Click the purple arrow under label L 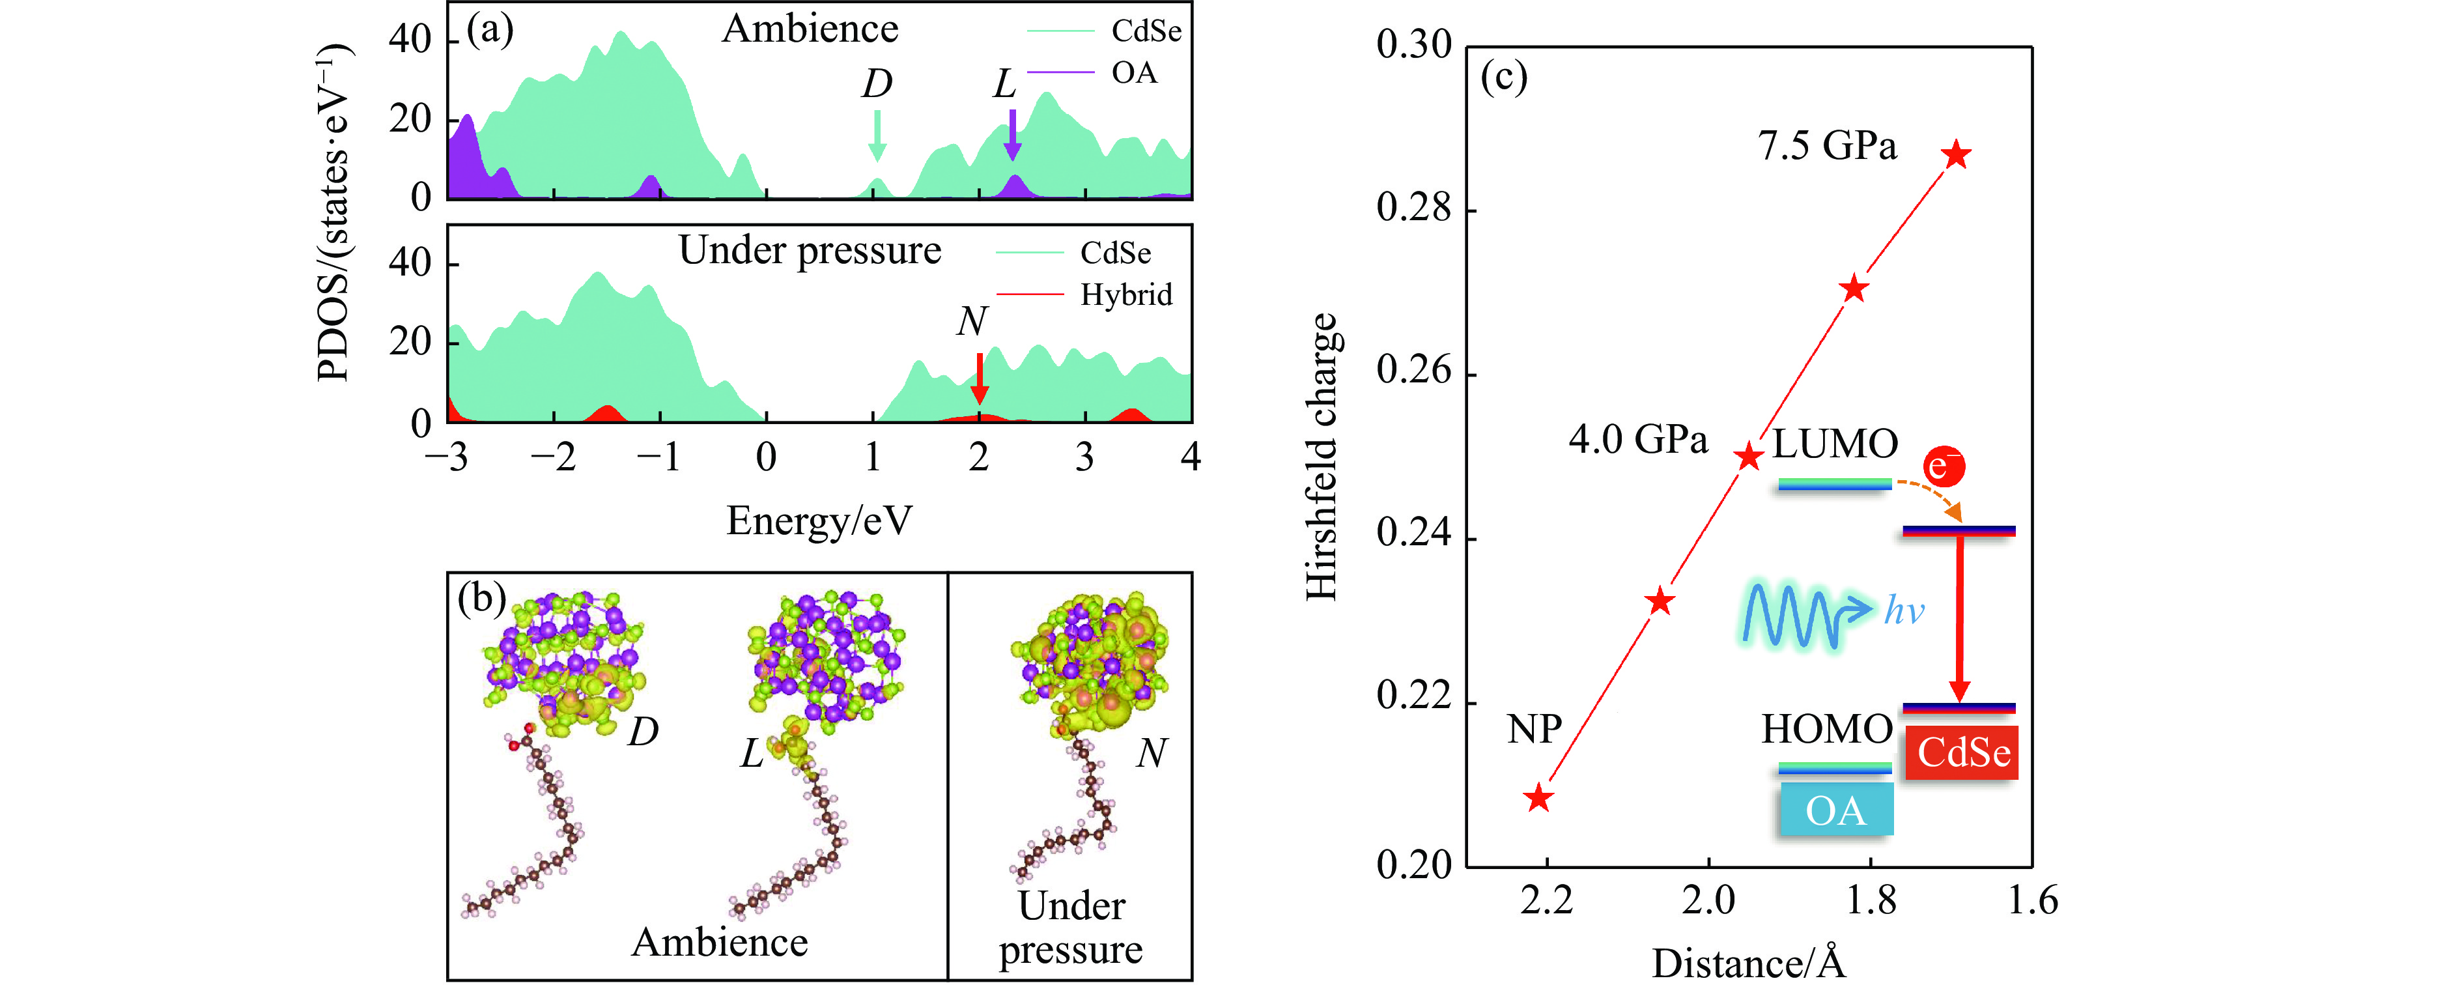1012,135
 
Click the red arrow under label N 979,378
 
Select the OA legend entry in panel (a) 1133,73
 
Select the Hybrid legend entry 1125,294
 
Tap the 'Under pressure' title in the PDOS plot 810,251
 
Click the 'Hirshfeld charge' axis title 1323,457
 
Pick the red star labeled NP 1538,797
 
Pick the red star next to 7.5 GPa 1957,154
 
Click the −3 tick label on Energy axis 447,457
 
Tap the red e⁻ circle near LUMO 1943,466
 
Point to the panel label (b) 481,599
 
